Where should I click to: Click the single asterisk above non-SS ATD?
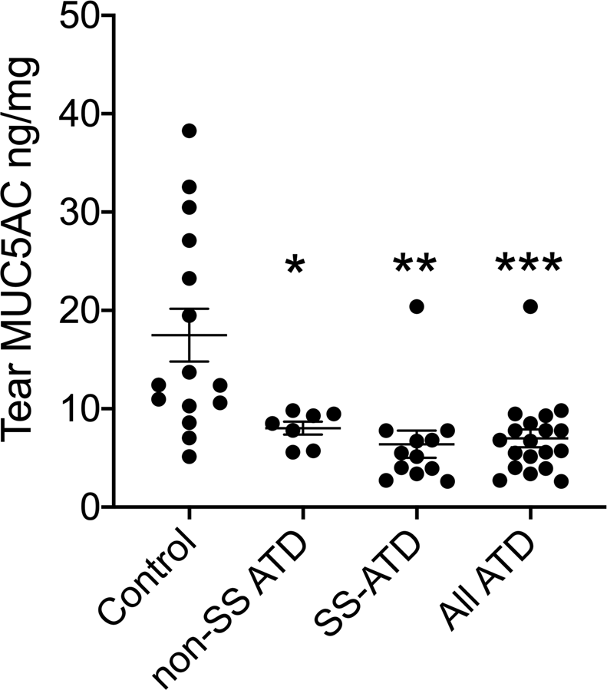click(295, 266)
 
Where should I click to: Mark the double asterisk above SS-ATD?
click(414, 266)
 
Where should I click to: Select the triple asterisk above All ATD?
click(529, 266)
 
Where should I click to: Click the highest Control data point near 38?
click(189, 130)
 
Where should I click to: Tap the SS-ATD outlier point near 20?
click(416, 306)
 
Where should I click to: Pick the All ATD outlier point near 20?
click(530, 306)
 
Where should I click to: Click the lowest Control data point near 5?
click(189, 457)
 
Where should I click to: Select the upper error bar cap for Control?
click(189, 309)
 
